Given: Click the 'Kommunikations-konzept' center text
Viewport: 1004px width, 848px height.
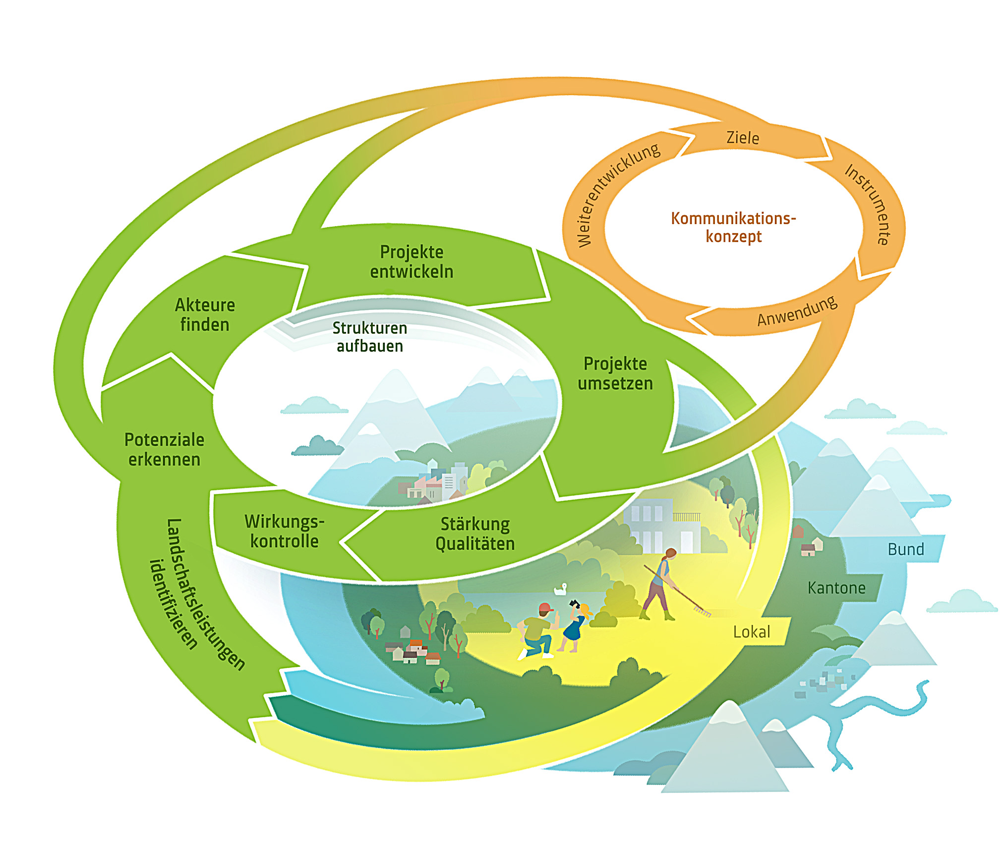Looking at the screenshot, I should coord(733,227).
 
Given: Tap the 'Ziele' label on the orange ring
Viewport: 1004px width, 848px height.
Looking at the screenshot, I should coord(742,138).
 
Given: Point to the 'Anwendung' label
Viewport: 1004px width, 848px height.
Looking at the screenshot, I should coord(797,311).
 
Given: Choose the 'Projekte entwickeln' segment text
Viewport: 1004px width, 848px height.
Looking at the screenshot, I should coord(412,262).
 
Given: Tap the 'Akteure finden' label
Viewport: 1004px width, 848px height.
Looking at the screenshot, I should coord(205,315).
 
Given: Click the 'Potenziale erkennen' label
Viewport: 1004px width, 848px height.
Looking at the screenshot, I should coord(164,449).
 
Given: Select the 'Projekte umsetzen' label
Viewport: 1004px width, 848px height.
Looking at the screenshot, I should coord(615,373).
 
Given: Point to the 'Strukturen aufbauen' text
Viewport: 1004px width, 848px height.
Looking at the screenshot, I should coord(369,337).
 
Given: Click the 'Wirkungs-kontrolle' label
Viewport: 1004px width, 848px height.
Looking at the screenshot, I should coord(284,531).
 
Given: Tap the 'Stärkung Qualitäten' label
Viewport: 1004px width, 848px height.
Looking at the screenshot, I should coord(475,534).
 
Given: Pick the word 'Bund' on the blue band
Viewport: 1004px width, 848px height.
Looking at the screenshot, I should coord(905,549).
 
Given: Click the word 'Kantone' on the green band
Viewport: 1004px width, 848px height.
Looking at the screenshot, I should coord(836,588).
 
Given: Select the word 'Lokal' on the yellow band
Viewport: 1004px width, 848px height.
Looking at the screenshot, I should coord(751,632).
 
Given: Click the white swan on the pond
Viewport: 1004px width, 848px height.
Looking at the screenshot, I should coord(561,589).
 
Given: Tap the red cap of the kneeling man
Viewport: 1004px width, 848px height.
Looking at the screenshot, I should coord(545,608).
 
